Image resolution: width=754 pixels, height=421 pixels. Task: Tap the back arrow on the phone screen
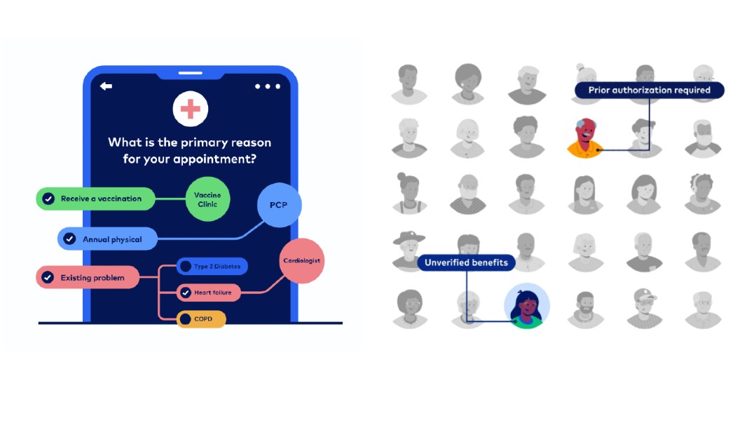[x=106, y=86]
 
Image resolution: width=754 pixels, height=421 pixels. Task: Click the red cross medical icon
[x=190, y=109]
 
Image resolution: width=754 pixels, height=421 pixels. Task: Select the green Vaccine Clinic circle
[x=207, y=199]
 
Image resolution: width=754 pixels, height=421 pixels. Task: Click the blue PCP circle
[x=280, y=206]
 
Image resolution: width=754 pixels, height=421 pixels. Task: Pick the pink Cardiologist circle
[x=301, y=261]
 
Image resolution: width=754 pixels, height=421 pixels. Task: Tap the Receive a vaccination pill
[x=95, y=199]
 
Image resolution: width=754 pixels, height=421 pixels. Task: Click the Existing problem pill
[x=87, y=278]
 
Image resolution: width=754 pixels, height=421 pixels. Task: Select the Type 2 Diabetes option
[x=212, y=267]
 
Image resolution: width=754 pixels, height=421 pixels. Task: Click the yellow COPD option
[x=201, y=319]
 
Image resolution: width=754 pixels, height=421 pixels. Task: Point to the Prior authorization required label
[x=649, y=90]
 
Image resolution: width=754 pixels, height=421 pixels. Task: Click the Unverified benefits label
[x=466, y=262]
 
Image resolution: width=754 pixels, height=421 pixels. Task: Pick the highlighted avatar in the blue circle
[x=527, y=307]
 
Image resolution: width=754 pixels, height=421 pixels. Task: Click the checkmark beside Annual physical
[x=69, y=239]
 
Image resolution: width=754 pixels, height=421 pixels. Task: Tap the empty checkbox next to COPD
[x=185, y=319]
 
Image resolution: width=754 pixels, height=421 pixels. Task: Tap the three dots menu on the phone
[x=267, y=86]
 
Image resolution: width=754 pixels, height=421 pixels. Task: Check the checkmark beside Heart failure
[x=185, y=292]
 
